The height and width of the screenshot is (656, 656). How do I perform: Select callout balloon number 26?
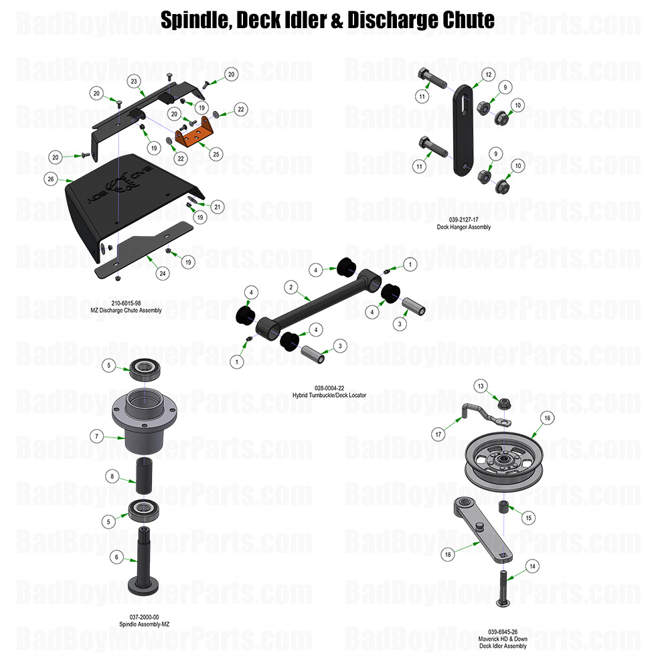[50, 179]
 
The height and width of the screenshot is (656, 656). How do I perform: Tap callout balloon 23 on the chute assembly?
[135, 81]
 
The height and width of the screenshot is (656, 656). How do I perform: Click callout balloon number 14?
[532, 566]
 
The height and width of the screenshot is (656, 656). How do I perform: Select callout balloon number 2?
[291, 286]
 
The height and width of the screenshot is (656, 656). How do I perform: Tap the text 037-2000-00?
[144, 617]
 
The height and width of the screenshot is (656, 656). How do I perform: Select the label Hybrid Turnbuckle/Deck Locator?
[329, 396]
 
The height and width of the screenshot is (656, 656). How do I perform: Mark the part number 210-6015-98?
[126, 303]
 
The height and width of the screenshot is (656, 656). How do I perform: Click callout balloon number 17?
[439, 434]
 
